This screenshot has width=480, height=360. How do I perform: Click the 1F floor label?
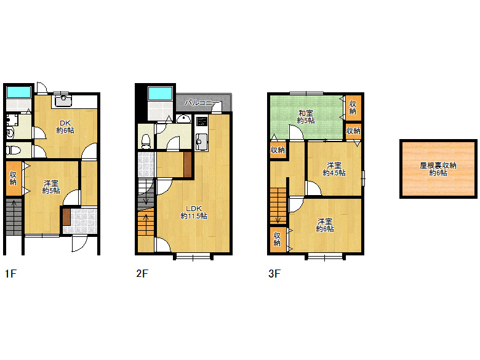(x=10, y=273)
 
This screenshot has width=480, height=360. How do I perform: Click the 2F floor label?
(x=142, y=273)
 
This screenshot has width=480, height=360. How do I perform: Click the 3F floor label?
(x=274, y=273)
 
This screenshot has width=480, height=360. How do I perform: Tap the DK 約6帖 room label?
(x=65, y=127)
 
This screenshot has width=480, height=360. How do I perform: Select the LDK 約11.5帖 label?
(x=194, y=212)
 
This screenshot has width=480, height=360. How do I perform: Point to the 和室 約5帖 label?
(x=305, y=117)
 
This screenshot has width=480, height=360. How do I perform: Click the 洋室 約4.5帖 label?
(x=334, y=169)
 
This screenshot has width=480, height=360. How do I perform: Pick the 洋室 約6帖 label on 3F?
(x=325, y=225)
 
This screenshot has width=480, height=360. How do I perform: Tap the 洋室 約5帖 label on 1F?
(x=51, y=187)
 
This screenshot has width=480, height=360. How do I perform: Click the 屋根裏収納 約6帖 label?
(x=438, y=169)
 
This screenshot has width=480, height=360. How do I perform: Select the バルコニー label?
(x=202, y=103)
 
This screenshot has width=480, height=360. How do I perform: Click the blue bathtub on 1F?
(x=18, y=92)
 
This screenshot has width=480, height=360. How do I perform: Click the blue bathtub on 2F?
(x=160, y=94)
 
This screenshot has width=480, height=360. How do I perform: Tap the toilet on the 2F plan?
(x=146, y=141)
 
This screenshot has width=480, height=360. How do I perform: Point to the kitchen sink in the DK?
(x=63, y=101)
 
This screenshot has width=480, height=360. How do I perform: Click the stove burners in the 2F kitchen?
(x=202, y=121)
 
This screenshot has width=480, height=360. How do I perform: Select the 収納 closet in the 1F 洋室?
(x=14, y=178)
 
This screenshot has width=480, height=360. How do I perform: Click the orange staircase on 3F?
(x=278, y=206)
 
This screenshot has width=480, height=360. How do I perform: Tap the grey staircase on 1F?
(x=14, y=217)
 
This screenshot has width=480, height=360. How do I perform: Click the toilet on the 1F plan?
(x=13, y=150)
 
